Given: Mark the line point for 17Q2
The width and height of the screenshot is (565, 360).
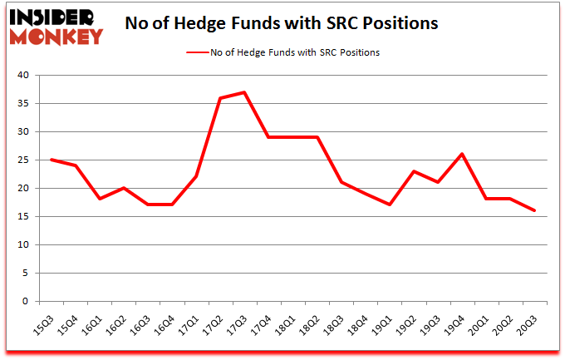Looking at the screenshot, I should [x=220, y=98].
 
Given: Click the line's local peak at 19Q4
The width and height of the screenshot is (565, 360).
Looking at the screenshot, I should [x=462, y=154].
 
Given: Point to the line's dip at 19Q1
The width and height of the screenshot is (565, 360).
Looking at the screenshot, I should [x=390, y=205].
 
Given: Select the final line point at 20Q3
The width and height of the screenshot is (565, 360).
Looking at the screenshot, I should [x=535, y=210].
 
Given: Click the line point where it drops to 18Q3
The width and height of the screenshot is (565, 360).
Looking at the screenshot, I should [x=341, y=182].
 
